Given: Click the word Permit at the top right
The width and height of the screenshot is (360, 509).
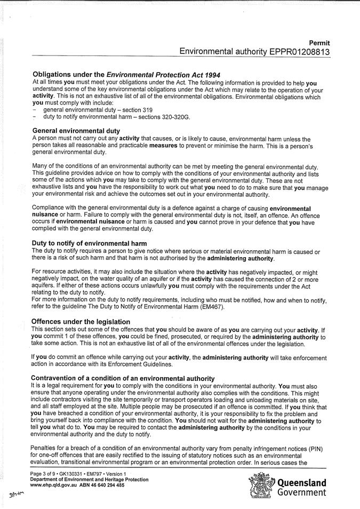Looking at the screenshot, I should click(x=319, y=43).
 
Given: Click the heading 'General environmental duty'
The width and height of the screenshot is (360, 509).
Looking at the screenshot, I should click(x=76, y=130).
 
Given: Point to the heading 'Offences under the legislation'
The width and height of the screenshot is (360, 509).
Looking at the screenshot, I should click(x=81, y=322).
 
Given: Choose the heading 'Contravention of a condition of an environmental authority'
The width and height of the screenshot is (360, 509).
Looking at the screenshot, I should click(x=123, y=378).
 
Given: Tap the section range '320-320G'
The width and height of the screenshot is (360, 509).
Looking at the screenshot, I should click(x=171, y=116).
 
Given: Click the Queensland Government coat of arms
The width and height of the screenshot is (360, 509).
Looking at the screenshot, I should click(x=261, y=485).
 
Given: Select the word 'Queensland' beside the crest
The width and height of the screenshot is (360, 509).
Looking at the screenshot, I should click(x=301, y=483).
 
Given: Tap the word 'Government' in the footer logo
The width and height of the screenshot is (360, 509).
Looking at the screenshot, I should click(x=301, y=492).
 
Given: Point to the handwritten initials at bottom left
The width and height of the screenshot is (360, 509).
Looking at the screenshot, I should click(x=17, y=495).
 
